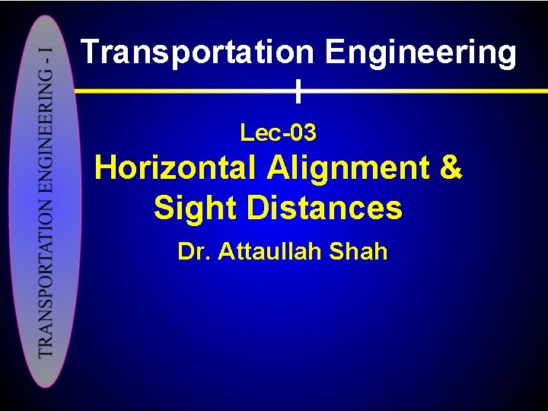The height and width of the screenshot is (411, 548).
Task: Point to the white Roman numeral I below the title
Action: click(299, 92)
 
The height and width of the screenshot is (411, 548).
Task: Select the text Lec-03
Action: click(278, 133)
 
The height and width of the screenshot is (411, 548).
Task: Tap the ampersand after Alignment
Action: click(450, 168)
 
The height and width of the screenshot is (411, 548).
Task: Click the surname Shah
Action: click(359, 251)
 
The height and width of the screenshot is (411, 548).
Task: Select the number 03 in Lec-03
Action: click(302, 133)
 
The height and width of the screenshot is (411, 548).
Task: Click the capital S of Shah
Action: click(338, 251)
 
